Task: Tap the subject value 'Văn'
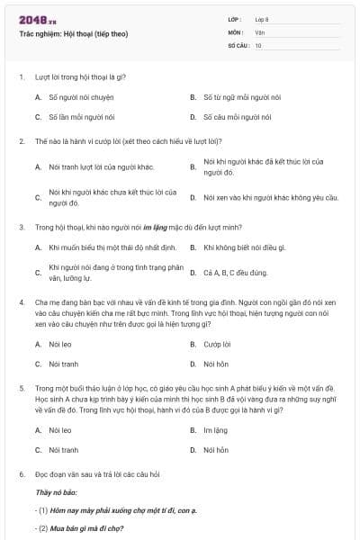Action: [259, 31]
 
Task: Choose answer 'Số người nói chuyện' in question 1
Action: [81, 96]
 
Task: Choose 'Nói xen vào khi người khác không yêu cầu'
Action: [270, 197]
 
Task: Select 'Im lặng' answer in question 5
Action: [216, 430]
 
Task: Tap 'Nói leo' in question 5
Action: [60, 430]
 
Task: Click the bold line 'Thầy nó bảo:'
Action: [57, 493]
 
